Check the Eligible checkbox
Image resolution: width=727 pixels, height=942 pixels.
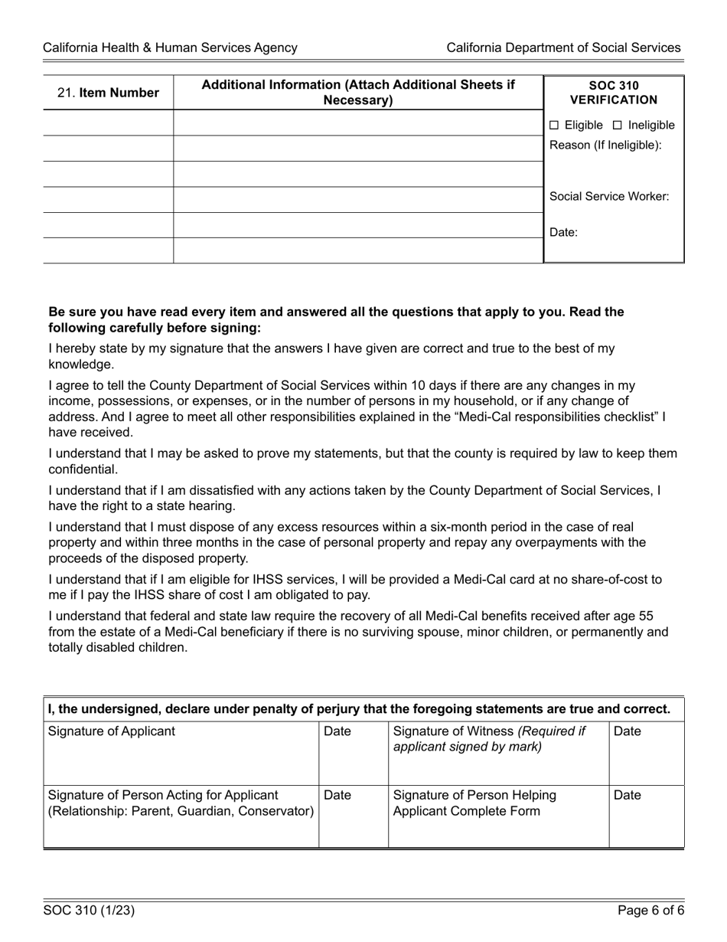pos(555,125)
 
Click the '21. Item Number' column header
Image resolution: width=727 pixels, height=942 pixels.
pos(108,93)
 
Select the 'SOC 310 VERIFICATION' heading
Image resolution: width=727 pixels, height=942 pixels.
pos(613,93)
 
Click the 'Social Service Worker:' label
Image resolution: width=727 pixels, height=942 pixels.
pos(609,196)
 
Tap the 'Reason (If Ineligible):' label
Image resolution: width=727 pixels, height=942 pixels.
pos(605,146)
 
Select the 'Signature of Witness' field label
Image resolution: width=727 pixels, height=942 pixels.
pos(489,738)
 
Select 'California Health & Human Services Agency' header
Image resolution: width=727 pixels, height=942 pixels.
pos(170,47)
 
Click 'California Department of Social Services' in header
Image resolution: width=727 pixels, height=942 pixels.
pos(563,47)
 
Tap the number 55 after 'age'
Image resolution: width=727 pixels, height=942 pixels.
pos(645,617)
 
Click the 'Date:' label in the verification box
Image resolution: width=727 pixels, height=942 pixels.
pos(564,233)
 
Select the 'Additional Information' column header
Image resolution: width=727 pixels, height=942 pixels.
pos(358,93)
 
